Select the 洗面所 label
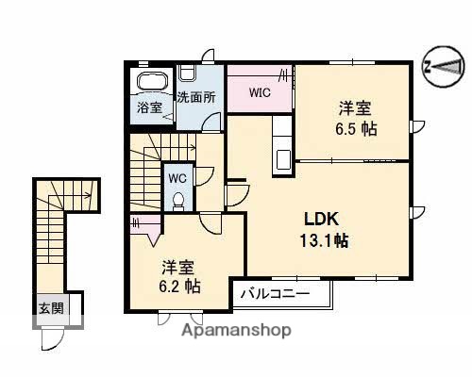click(195, 97)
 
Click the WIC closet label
click(260, 92)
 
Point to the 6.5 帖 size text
click(357, 129)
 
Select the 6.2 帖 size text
click(180, 284)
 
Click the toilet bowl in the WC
click(177, 199)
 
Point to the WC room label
click(177, 177)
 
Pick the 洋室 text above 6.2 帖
click(179, 264)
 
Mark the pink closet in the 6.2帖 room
click(143, 225)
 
